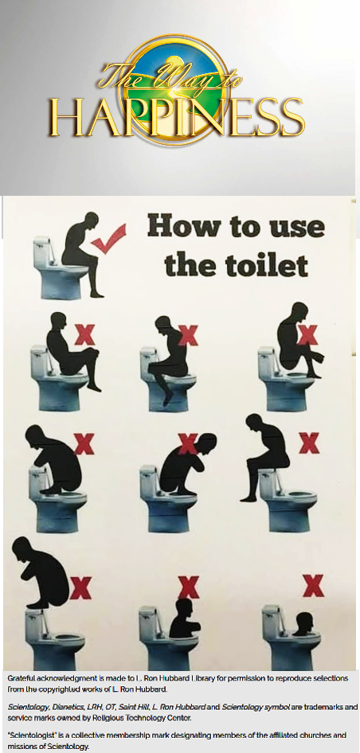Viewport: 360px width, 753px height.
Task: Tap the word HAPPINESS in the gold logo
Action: pos(177,117)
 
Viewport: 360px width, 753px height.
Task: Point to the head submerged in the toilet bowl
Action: pos(303,623)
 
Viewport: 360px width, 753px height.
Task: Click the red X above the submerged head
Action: pos(313,585)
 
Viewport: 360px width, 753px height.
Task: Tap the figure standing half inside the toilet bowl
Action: pos(184,618)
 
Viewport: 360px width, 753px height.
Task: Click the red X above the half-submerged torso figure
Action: pos(189,587)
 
